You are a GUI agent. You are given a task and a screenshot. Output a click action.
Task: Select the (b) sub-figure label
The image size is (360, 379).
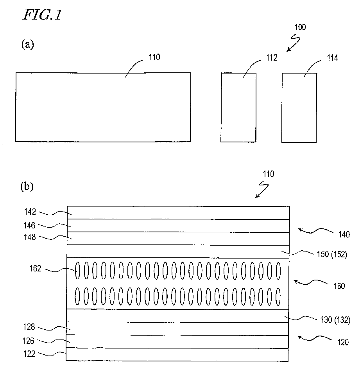(x=27, y=187)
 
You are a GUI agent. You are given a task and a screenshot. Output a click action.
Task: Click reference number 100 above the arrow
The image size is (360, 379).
(x=301, y=27)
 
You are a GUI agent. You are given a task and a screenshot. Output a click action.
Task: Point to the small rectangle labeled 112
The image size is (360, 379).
(x=238, y=107)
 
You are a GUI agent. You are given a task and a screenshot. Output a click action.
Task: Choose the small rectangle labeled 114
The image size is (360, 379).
(x=299, y=107)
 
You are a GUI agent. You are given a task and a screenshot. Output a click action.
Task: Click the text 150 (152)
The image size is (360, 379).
(x=331, y=255)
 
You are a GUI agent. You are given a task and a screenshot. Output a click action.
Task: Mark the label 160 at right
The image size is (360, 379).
(x=339, y=286)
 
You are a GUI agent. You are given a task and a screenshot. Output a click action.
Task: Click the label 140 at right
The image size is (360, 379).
(x=344, y=235)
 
